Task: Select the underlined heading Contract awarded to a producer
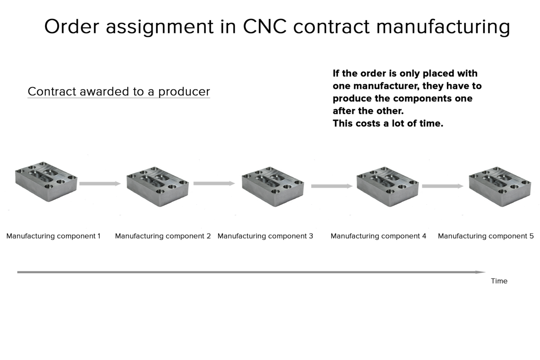[x=119, y=92]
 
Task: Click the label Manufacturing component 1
[x=54, y=236]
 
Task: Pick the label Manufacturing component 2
[x=163, y=236]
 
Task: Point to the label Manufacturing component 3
[x=265, y=236]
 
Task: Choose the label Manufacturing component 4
[x=378, y=236]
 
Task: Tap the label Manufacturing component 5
[x=486, y=236]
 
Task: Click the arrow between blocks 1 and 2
[x=100, y=184]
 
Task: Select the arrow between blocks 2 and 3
[x=214, y=184]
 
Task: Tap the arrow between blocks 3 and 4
[x=332, y=186]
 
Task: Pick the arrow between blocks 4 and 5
[x=442, y=186]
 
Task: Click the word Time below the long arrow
[x=499, y=281]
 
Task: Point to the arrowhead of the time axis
[x=482, y=272]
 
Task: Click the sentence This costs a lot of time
[x=388, y=124]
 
